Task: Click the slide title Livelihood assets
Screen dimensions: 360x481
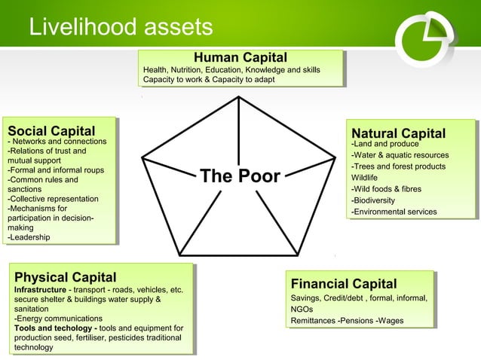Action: click(121, 28)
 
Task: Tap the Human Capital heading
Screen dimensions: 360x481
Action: click(240, 57)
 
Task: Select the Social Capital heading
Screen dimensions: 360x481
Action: click(51, 130)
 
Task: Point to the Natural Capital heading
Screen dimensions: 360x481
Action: click(398, 133)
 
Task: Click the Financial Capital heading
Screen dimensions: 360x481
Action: click(344, 283)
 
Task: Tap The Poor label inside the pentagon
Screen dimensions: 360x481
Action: click(240, 177)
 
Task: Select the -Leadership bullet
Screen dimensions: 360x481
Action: click(29, 238)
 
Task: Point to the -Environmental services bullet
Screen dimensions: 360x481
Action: click(394, 212)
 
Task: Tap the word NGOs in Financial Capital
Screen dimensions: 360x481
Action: click(302, 310)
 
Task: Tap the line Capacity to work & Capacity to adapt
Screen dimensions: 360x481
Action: click(203, 79)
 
